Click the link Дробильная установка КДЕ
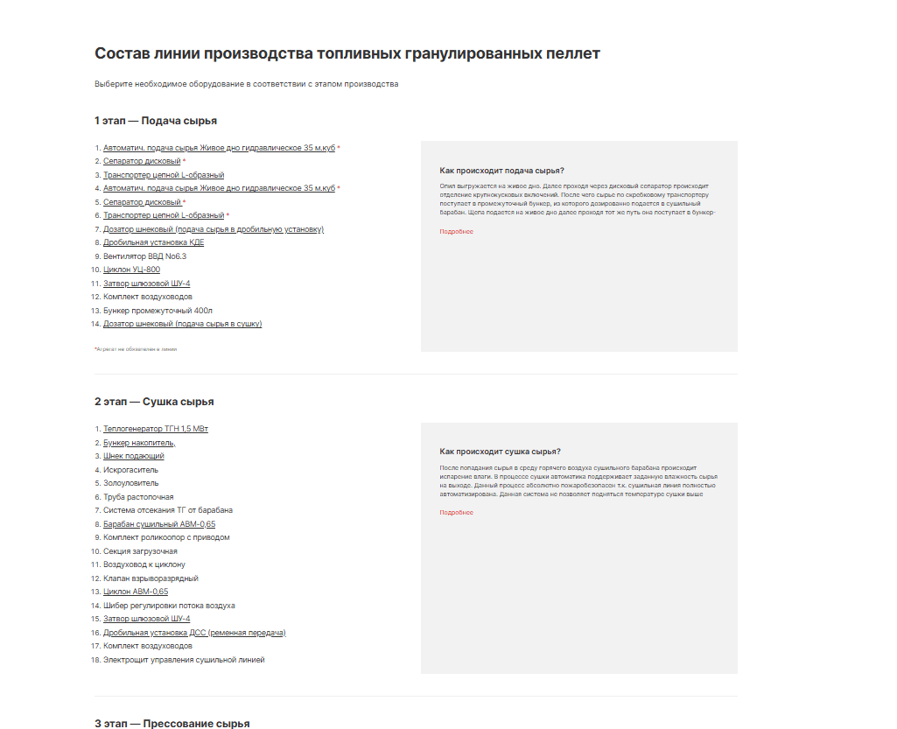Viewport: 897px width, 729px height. [153, 242]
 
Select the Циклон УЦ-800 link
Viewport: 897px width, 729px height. [131, 270]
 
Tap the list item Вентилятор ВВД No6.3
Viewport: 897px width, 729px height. [144, 256]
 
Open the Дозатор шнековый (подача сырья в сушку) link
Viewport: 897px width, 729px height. [182, 324]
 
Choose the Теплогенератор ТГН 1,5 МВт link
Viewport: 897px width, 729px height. [155, 429]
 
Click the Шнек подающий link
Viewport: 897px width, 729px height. [133, 456]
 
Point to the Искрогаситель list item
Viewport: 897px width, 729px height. [130, 470]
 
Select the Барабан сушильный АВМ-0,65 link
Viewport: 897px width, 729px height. [159, 524]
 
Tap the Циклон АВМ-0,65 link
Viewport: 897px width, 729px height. [136, 592]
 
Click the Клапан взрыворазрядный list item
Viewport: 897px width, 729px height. [151, 578]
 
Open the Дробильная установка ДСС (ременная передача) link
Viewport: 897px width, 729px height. [194, 633]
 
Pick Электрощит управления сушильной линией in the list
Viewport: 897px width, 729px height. [184, 660]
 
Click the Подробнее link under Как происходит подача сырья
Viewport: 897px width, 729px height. [456, 232]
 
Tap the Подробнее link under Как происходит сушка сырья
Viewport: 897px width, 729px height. [456, 513]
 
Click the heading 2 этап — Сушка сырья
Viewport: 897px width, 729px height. [154, 402]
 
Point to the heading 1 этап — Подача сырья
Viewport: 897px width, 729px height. [156, 121]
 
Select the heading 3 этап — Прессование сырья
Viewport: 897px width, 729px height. [172, 723]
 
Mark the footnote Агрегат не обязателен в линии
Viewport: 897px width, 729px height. [136, 348]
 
